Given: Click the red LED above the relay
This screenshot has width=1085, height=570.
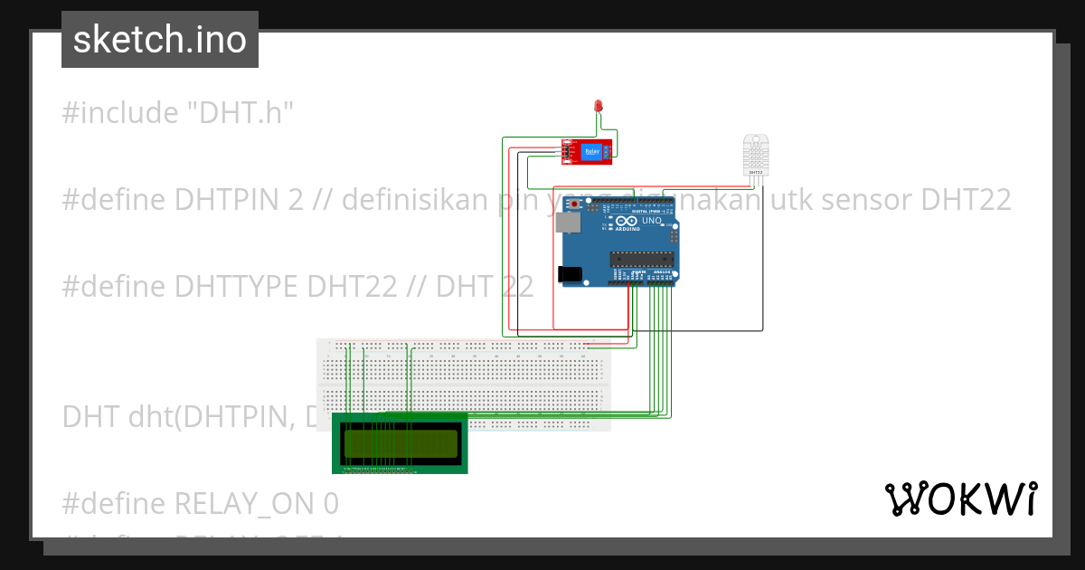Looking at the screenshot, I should click(x=598, y=107).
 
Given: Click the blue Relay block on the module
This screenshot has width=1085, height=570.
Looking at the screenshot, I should click(x=592, y=152).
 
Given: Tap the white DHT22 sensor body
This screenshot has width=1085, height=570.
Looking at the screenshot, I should click(x=756, y=155).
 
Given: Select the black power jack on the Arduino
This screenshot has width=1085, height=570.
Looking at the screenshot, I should click(x=569, y=273).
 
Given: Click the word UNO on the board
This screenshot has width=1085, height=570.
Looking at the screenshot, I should click(x=652, y=221).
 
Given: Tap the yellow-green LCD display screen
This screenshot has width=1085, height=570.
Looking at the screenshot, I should click(x=400, y=442).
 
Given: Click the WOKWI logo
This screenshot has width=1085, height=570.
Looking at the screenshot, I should click(x=960, y=499).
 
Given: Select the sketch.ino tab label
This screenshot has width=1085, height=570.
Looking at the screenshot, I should click(x=160, y=40).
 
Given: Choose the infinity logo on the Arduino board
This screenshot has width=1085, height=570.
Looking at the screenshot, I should click(x=626, y=221).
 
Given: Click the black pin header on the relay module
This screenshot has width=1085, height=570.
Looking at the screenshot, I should click(x=567, y=152).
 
